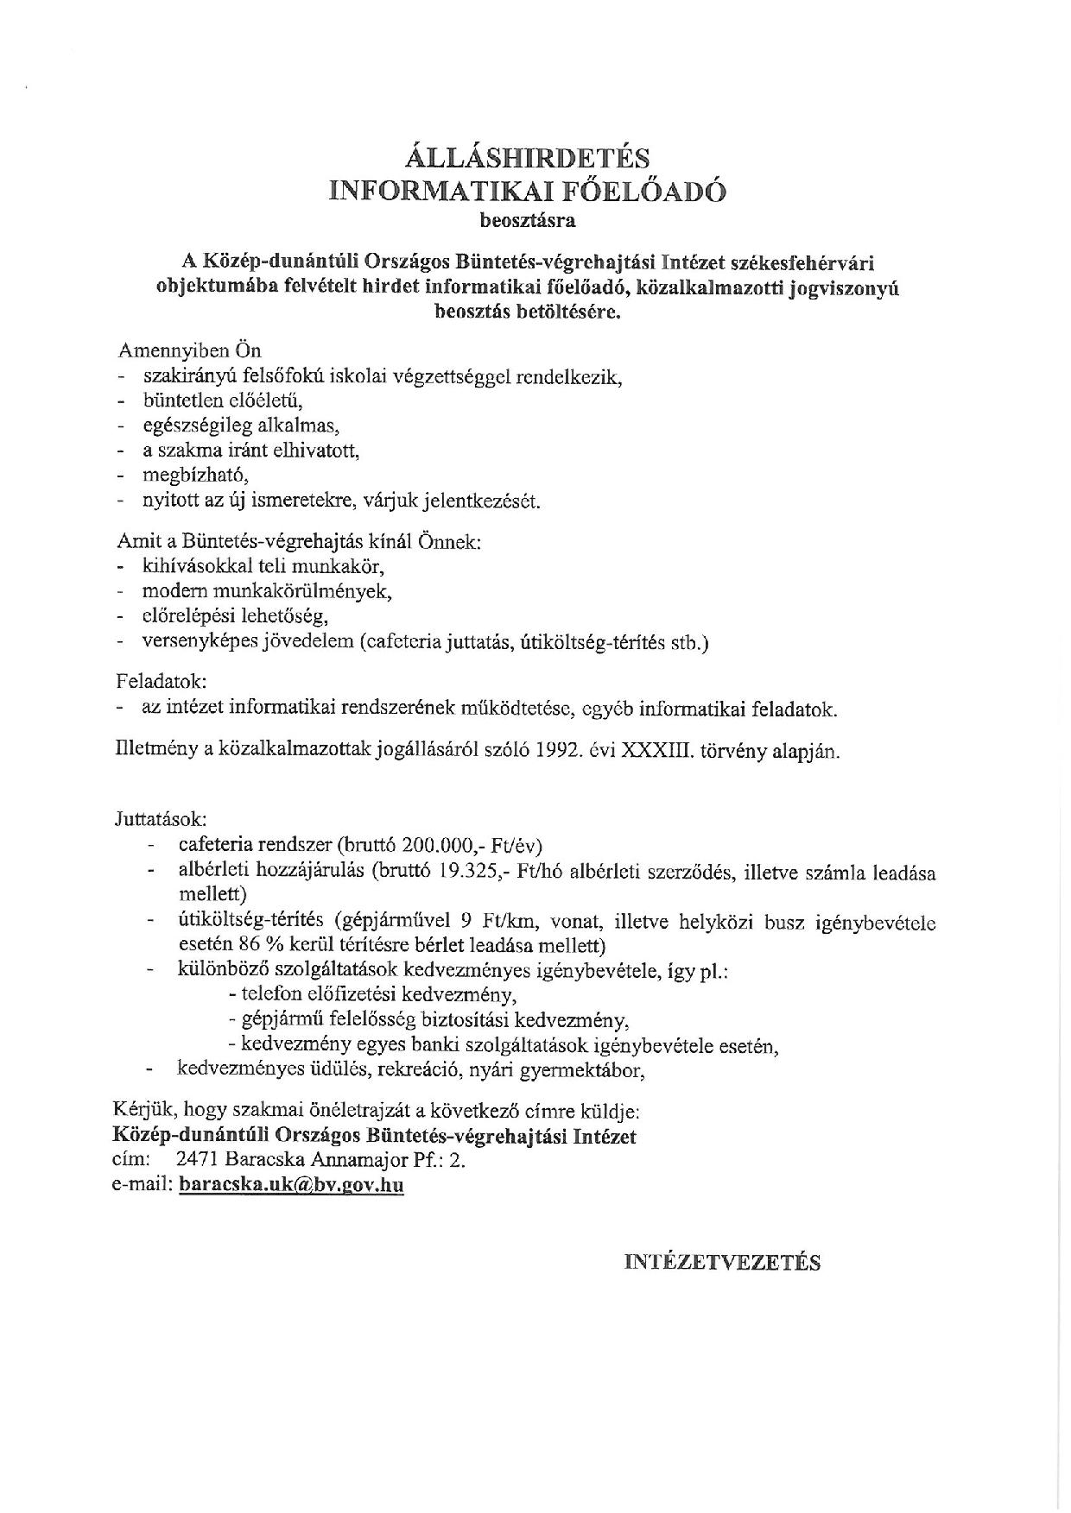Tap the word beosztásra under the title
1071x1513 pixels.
coord(527,220)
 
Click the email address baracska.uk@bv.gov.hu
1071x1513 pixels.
coord(291,1185)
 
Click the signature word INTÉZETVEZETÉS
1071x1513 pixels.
coord(722,1262)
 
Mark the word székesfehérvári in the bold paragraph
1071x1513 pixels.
coord(808,262)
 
